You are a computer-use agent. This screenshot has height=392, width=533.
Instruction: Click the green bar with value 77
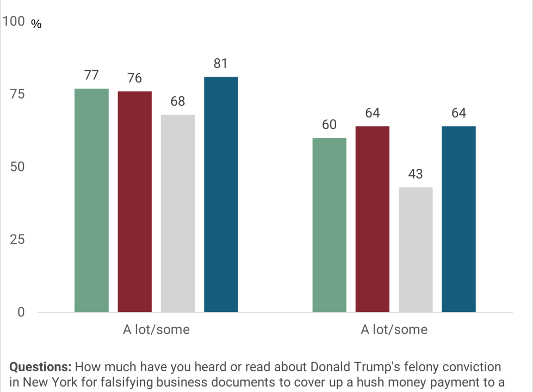point(91,200)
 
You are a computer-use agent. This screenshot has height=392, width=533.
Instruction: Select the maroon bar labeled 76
point(135,202)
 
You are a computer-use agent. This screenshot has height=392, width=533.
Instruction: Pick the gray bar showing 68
point(178,213)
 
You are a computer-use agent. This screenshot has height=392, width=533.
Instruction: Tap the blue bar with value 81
point(221,194)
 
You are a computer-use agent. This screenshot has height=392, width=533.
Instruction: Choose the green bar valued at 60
point(330,225)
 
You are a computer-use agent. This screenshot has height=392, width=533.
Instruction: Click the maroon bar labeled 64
point(373,219)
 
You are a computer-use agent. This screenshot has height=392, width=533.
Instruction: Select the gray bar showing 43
point(416,250)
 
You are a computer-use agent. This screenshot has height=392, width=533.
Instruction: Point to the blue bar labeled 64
point(459,219)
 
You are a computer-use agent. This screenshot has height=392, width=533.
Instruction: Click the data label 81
point(221,64)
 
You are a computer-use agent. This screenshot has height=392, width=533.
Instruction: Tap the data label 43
point(416,174)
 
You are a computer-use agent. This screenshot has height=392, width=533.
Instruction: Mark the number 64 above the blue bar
point(458,113)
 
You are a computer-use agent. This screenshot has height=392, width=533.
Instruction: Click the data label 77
point(91,75)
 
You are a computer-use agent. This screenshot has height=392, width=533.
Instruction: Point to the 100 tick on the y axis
point(14,21)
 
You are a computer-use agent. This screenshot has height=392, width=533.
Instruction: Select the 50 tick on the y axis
point(17,167)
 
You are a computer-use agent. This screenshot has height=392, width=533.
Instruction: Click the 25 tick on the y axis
point(17,240)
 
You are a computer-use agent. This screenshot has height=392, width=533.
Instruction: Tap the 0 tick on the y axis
point(21,312)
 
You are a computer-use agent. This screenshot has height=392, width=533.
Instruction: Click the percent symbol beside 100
point(36,24)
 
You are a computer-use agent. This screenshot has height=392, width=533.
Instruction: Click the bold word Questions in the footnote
point(40,367)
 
